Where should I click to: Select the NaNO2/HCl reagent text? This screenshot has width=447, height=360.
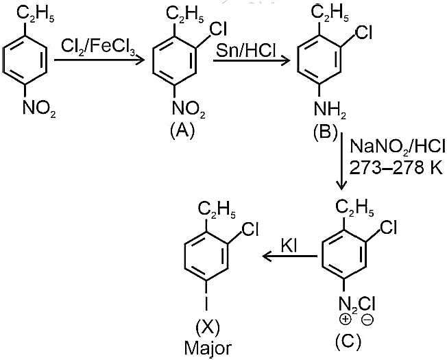[x=397, y=147]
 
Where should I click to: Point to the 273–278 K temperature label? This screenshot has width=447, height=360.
[x=396, y=168]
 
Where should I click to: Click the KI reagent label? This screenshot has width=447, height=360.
[x=289, y=245]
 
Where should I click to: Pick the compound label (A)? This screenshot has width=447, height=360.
[x=182, y=131]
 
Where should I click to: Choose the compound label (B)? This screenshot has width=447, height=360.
[x=325, y=132]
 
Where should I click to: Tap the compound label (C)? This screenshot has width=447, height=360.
[x=348, y=340]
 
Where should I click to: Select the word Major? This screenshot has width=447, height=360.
[x=208, y=348]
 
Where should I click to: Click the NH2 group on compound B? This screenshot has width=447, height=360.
[x=330, y=110]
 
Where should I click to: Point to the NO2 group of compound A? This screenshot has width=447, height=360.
[x=189, y=110]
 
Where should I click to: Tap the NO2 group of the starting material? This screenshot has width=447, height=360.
[x=39, y=108]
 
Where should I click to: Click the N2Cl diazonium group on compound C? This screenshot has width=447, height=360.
[x=357, y=304]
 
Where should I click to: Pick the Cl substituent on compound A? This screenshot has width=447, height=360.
[x=219, y=29]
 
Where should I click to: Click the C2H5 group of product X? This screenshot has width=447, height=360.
[x=217, y=210]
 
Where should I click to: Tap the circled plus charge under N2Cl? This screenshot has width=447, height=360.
[x=345, y=319]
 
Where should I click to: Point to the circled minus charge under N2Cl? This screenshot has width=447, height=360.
[x=367, y=320]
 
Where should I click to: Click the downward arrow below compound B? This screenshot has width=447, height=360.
[x=341, y=161]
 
